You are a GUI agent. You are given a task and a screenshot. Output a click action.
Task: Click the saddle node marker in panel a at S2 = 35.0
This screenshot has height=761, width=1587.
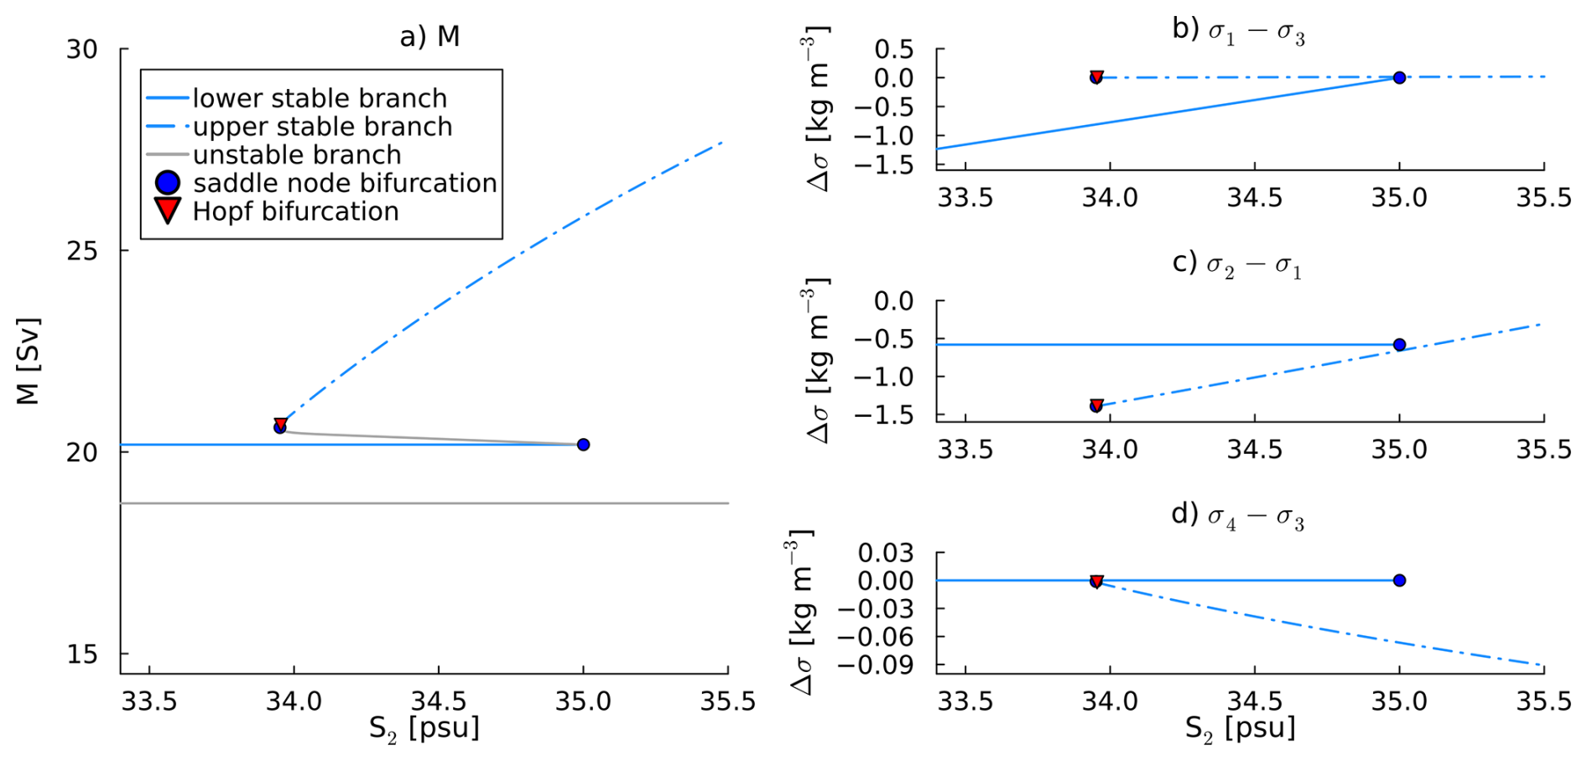583,445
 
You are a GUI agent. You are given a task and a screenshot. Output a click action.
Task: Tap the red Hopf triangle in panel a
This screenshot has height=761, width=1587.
281,424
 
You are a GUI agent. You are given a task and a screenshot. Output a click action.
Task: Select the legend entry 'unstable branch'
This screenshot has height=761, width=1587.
297,155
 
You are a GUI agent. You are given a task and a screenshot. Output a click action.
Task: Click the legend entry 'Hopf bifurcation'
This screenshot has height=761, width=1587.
295,211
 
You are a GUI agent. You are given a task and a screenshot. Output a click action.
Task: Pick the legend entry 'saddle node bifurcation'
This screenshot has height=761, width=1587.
345,183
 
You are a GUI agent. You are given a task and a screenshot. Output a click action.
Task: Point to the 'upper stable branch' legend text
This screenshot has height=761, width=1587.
322,127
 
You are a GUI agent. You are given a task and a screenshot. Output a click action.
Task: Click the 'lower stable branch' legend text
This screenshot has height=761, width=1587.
320,98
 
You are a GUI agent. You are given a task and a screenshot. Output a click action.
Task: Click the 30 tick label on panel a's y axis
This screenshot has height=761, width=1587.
82,50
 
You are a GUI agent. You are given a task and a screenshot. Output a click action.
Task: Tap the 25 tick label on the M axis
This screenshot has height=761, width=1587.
82,251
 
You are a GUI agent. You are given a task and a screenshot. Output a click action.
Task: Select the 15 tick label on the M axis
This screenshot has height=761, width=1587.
82,654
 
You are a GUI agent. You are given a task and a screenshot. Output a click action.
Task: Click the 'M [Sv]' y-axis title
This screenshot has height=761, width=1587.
29,361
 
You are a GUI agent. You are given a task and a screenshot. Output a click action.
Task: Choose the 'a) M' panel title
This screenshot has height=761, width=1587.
429,36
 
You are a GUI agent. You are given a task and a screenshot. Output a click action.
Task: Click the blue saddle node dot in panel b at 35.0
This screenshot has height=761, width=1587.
1399,78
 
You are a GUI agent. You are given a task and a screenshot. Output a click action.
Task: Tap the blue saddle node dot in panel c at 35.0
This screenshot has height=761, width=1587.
1399,345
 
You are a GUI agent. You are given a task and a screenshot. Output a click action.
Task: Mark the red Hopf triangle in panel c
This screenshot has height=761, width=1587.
1096,405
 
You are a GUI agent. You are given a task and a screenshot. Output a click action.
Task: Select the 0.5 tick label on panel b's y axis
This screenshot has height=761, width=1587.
894,50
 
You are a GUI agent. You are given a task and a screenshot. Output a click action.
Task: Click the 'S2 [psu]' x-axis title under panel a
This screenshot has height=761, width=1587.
424,728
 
